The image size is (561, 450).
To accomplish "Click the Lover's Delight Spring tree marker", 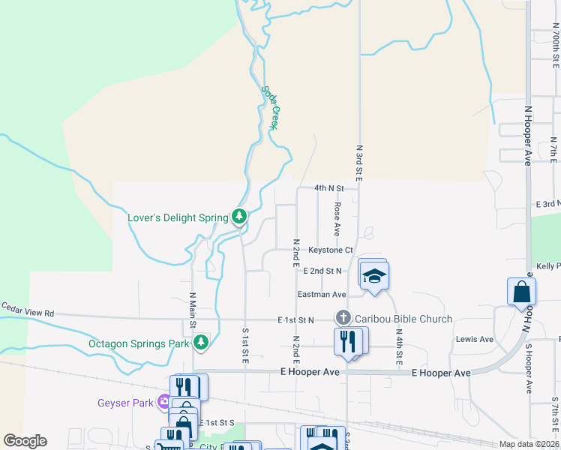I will [239, 217].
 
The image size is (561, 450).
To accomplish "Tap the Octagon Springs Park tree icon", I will [200, 343].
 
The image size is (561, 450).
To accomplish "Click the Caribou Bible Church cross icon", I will [343, 318].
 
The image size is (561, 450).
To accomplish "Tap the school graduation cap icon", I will [374, 276].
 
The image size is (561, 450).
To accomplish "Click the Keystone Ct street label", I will [331, 250].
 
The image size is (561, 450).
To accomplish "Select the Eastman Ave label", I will [322, 295].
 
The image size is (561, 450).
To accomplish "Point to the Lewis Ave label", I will [474, 339].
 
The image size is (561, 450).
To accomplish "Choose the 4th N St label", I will [328, 188].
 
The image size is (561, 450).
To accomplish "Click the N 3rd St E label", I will [359, 163].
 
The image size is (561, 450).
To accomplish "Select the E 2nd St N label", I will [322, 270].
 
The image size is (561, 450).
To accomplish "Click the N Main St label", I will [193, 309].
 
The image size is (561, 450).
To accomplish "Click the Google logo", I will [25, 441].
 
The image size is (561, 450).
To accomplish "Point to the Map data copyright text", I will [529, 444].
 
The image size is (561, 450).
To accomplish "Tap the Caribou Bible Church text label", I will [403, 319].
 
